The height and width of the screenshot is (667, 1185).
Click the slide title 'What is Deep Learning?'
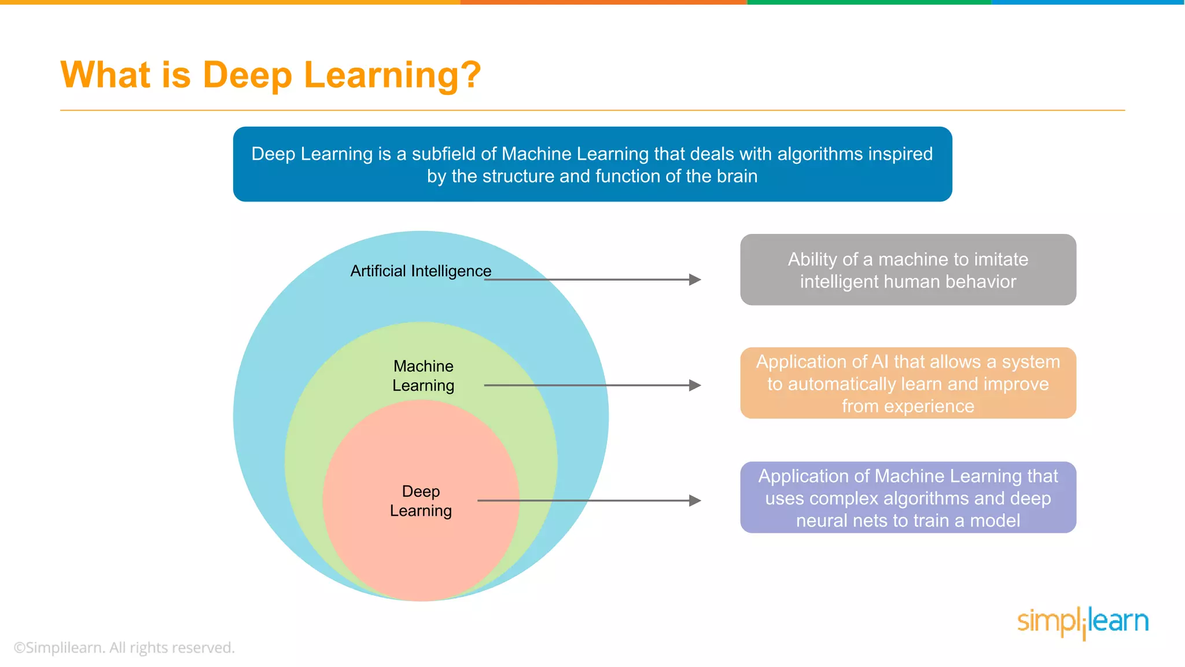pos(270,75)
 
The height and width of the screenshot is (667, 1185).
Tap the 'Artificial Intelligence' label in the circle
pos(421,271)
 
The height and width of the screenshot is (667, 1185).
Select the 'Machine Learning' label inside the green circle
pos(423,376)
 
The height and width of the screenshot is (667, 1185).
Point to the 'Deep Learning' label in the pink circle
pos(421,501)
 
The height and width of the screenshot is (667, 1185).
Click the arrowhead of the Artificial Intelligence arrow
pos(695,280)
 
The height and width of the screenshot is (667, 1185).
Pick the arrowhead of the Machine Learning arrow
pos(695,385)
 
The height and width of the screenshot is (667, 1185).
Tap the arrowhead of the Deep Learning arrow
pos(695,500)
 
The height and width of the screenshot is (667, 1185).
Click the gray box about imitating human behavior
pos(908,270)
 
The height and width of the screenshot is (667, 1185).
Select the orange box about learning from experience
pos(908,383)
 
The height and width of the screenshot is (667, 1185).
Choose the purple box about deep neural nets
pos(908,497)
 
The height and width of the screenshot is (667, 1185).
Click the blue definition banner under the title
pos(592,164)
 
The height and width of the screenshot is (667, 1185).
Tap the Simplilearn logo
pos(1083,622)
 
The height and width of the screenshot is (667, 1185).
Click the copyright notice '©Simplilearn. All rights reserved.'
pos(124,647)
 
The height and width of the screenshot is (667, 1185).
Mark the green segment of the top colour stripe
pos(869,2)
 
